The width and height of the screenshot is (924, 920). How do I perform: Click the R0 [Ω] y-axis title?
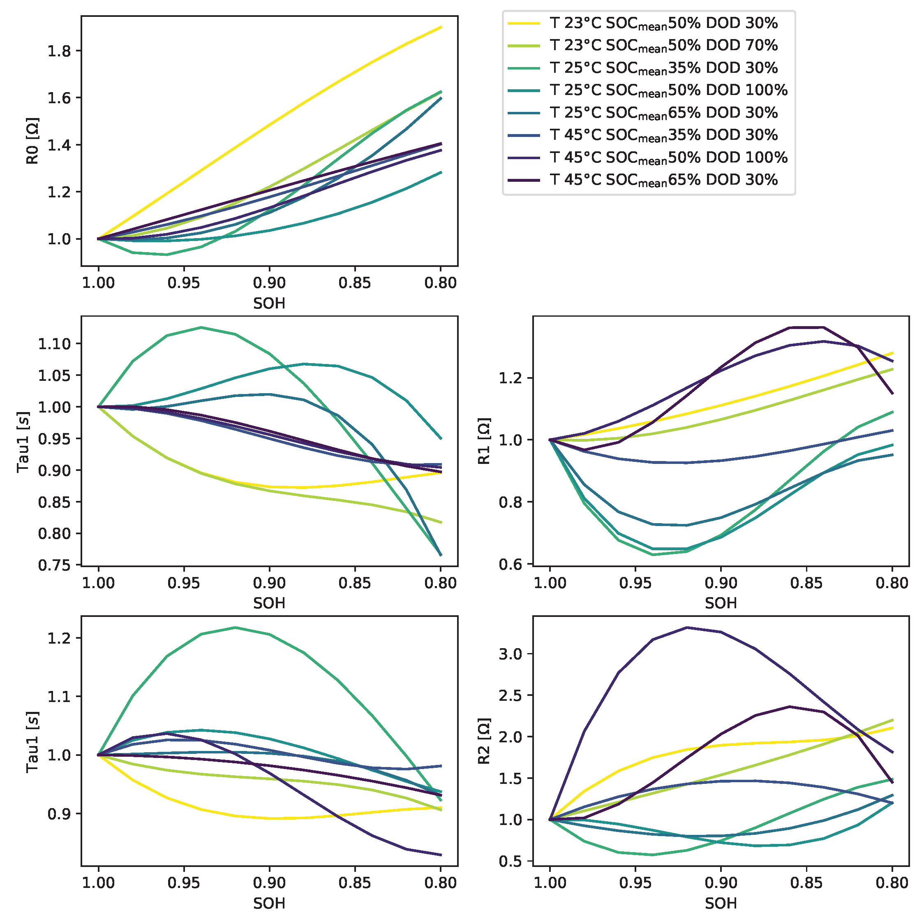(x=32, y=141)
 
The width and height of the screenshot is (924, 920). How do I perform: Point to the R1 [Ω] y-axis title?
(x=484, y=441)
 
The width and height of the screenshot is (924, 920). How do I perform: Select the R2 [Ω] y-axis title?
(x=484, y=741)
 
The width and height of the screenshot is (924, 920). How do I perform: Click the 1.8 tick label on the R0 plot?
(x=59, y=51)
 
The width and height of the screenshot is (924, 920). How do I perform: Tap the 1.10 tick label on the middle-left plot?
(x=54, y=343)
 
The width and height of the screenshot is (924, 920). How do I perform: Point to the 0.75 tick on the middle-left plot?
(x=54, y=565)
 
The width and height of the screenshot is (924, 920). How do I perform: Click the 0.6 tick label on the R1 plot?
(x=511, y=565)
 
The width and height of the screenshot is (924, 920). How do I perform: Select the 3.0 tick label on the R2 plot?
(x=511, y=654)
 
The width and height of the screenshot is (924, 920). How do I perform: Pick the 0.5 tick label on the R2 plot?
(x=511, y=862)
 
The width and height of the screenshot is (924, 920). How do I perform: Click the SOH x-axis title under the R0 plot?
(x=269, y=304)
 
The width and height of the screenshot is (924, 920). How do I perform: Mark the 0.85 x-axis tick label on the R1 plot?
(x=806, y=583)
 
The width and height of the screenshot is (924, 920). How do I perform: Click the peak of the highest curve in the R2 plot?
(x=687, y=627)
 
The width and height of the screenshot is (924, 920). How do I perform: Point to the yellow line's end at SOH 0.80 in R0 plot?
(x=441, y=27)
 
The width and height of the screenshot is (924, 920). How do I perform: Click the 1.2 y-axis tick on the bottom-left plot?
(x=59, y=638)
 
